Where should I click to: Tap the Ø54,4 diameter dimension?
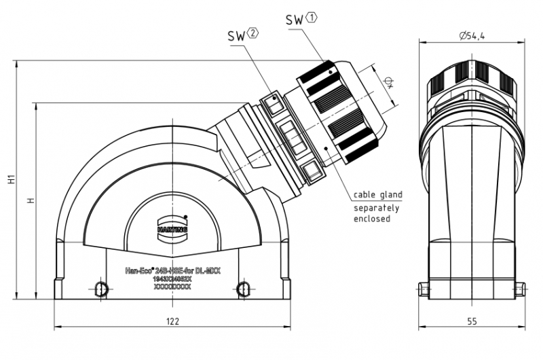(x=470, y=37)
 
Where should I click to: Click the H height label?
(x=29, y=201)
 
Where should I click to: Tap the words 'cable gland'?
(x=377, y=195)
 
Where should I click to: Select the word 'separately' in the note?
(x=377, y=207)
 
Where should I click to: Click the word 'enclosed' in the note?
(x=372, y=219)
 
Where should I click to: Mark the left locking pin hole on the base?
(x=100, y=289)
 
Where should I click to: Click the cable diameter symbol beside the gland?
(x=388, y=83)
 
